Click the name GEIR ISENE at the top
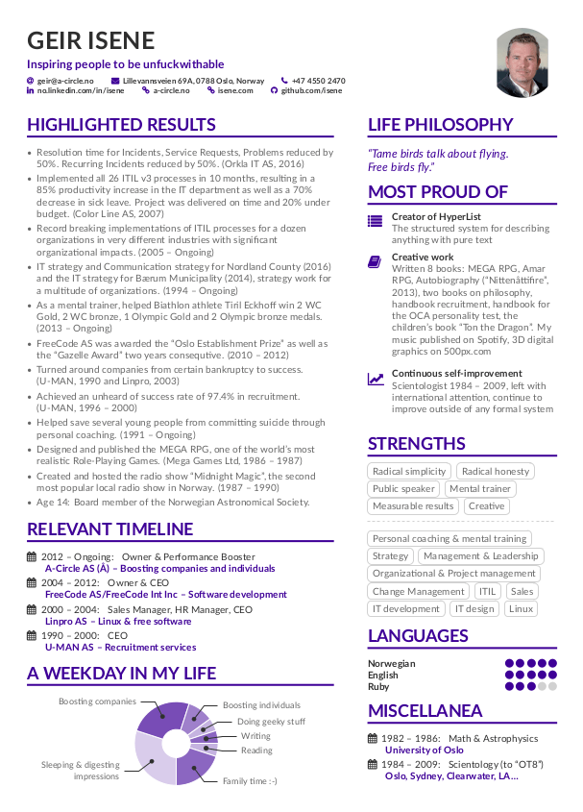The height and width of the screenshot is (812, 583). point(91,40)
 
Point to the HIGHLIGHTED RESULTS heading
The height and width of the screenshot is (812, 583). point(121,125)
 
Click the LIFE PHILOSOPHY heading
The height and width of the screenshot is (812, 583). point(441,125)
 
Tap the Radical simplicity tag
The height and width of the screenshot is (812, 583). point(409,471)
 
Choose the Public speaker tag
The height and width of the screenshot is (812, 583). point(403,488)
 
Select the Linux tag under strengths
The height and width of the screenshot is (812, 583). point(522,608)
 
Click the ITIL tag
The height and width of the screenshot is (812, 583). point(488,591)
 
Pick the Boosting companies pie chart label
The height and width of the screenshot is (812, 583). point(97,701)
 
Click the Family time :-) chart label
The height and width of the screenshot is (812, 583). point(250,781)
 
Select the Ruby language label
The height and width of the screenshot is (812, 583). point(378,686)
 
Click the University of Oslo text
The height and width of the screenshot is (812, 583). point(424,750)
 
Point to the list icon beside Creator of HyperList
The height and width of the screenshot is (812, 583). point(375,219)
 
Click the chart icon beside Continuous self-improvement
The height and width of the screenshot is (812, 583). point(375,379)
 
